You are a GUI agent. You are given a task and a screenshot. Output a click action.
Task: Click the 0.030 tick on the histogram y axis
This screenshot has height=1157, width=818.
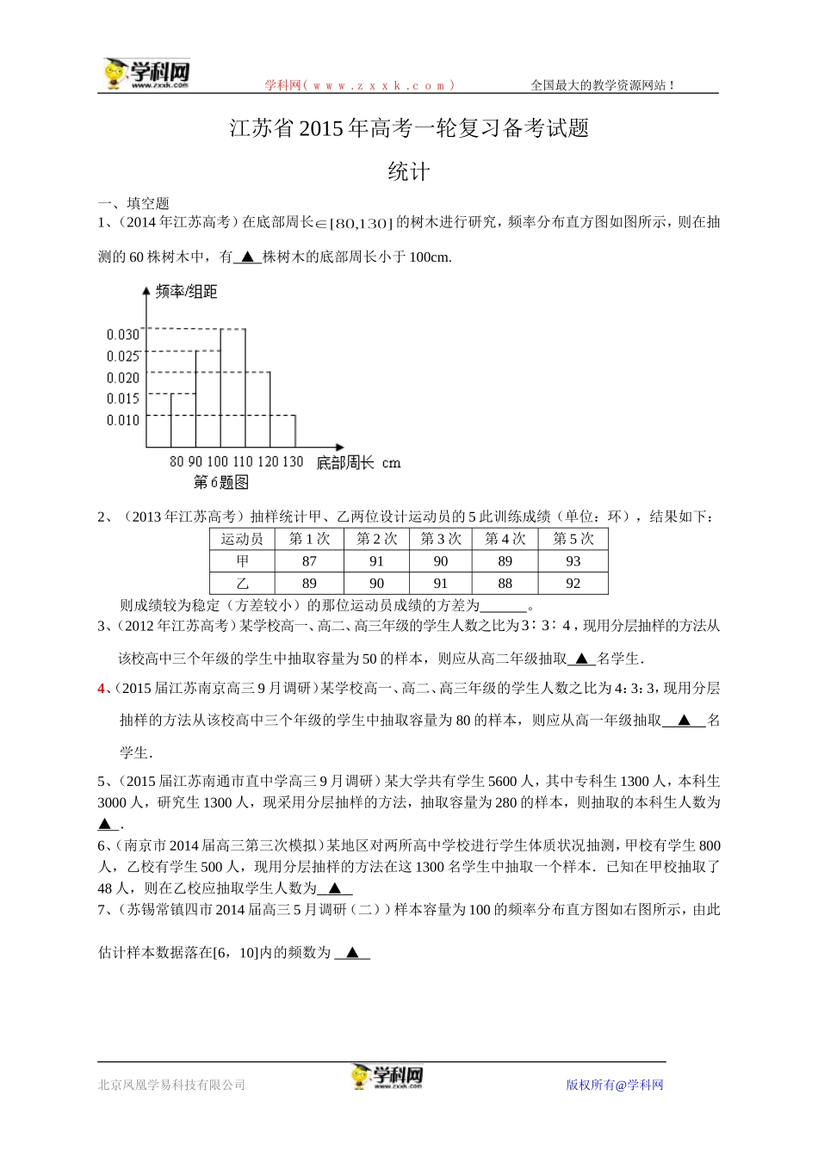pyautogui.click(x=123, y=334)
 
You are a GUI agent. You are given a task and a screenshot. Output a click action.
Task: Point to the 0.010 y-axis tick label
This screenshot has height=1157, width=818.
pyautogui.click(x=123, y=420)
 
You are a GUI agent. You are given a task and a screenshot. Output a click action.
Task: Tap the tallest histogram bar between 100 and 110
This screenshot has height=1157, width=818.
pyautogui.click(x=232, y=387)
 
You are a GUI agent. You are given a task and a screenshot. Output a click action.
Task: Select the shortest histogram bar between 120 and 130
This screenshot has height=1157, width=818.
pyautogui.click(x=282, y=431)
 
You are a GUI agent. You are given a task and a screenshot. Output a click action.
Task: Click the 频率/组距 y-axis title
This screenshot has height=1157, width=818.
pyautogui.click(x=186, y=292)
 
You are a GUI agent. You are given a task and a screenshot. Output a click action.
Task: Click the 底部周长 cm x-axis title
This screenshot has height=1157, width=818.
pyautogui.click(x=358, y=463)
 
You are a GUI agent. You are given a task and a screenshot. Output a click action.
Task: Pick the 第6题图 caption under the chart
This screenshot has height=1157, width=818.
pyautogui.click(x=220, y=483)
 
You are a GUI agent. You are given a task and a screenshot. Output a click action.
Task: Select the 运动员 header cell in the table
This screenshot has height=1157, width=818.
pyautogui.click(x=242, y=539)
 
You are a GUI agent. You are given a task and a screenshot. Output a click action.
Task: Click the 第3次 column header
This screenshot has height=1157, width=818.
pyautogui.click(x=440, y=539)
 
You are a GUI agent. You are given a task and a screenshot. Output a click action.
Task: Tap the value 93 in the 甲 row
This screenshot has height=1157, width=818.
pyautogui.click(x=573, y=561)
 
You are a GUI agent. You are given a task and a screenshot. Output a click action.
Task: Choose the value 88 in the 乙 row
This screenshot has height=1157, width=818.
pyautogui.click(x=505, y=584)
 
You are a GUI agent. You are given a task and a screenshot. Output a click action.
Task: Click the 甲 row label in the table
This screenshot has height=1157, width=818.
pyautogui.click(x=242, y=561)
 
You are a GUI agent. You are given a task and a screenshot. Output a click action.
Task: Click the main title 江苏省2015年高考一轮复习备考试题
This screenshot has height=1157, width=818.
pyautogui.click(x=409, y=129)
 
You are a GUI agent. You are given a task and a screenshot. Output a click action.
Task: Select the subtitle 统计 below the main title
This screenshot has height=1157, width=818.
pyautogui.click(x=408, y=172)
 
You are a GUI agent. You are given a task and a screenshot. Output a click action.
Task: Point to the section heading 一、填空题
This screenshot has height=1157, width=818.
pyautogui.click(x=133, y=203)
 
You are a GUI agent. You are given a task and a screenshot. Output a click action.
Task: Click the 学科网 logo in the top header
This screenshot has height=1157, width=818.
pyautogui.click(x=146, y=74)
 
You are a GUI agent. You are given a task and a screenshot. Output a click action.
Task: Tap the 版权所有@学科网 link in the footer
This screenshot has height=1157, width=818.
pyautogui.click(x=615, y=1085)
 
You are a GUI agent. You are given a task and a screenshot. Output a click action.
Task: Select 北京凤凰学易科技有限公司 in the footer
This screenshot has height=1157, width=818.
pyautogui.click(x=171, y=1085)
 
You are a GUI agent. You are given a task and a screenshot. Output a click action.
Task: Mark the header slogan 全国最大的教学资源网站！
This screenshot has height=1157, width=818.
pyautogui.click(x=603, y=85)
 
